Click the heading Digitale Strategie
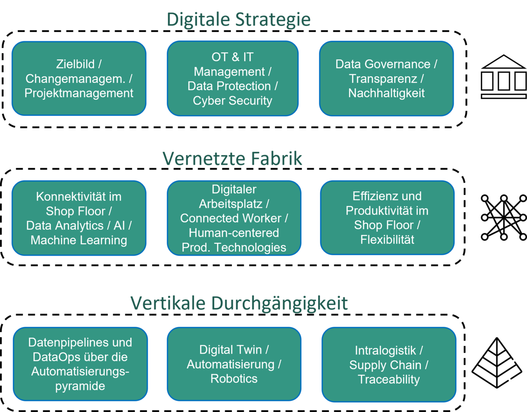pyautogui.click(x=238, y=20)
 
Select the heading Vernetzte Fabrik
pyautogui.click(x=232, y=159)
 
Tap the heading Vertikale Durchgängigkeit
pyautogui.click(x=239, y=304)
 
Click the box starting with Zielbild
pyautogui.click(x=79, y=79)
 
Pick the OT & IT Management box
pyautogui.click(x=233, y=79)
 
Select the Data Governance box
pyautogui.click(x=386, y=79)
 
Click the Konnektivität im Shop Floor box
pyautogui.click(x=79, y=218)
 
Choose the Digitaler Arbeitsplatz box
pyautogui.click(x=234, y=218)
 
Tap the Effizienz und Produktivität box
pyautogui.click(x=387, y=217)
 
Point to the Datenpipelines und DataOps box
pyautogui.click(x=80, y=364)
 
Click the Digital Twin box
pyautogui.click(x=234, y=364)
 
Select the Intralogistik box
pyautogui.click(x=389, y=365)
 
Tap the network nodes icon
pyautogui.click(x=504, y=217)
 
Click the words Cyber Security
pyautogui.click(x=232, y=101)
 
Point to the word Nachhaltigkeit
pyautogui.click(x=386, y=93)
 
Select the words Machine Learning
pyautogui.click(x=79, y=240)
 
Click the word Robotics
pyautogui.click(x=234, y=379)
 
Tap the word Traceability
pyautogui.click(x=389, y=379)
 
